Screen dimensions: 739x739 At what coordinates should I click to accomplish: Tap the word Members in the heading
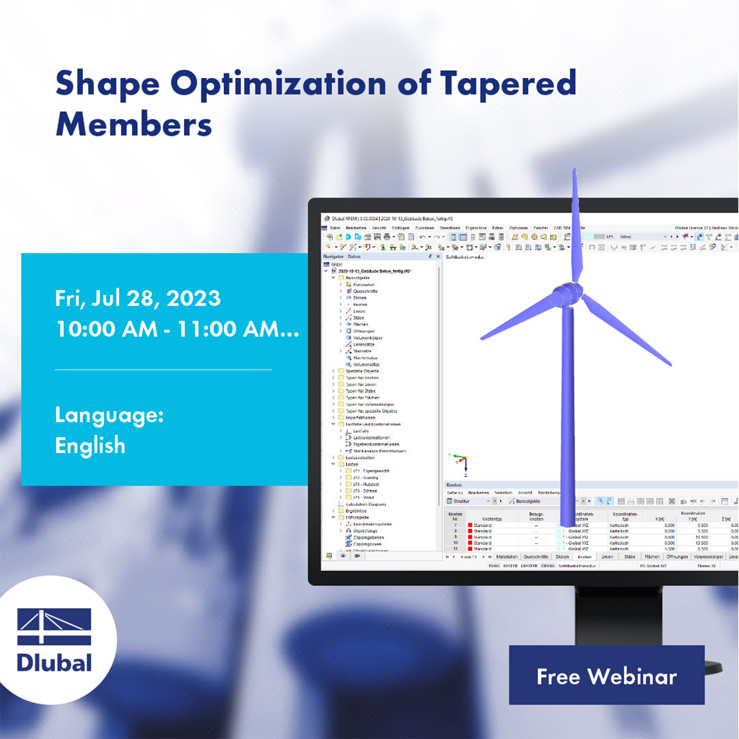pos(134,125)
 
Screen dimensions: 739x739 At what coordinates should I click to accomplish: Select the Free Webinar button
pos(606,676)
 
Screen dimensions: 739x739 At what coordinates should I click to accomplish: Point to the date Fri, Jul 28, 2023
pos(138,298)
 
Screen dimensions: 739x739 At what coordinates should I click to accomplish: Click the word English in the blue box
pos(90,445)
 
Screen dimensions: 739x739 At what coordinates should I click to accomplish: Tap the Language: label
pos(109,415)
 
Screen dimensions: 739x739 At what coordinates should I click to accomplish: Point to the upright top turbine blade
pos(575,224)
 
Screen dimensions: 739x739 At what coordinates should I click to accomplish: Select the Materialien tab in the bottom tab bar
pos(506,557)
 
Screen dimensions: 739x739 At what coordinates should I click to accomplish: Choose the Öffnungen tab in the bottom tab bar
pos(677,557)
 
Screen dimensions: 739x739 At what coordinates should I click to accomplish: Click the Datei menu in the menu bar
pos(335,227)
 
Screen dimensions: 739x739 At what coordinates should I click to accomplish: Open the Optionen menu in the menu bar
pos(518,227)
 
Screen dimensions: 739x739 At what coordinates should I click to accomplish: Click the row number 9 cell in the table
pos(455,537)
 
